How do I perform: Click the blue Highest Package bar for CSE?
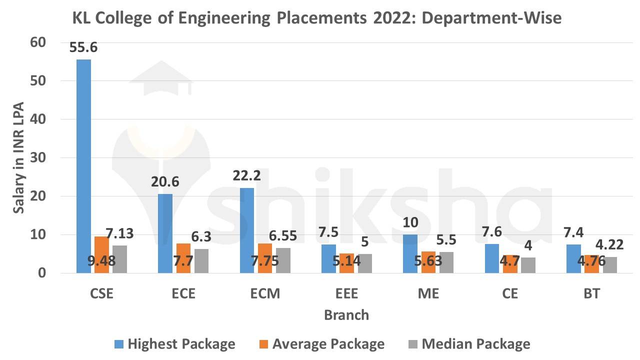click(x=83, y=166)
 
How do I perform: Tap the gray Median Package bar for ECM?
click(x=283, y=260)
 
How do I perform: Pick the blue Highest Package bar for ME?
click(x=410, y=253)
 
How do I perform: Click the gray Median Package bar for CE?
click(x=527, y=265)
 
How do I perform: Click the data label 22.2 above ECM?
click(x=247, y=176)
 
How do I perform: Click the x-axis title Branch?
click(x=346, y=315)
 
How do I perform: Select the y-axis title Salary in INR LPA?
click(x=19, y=158)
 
